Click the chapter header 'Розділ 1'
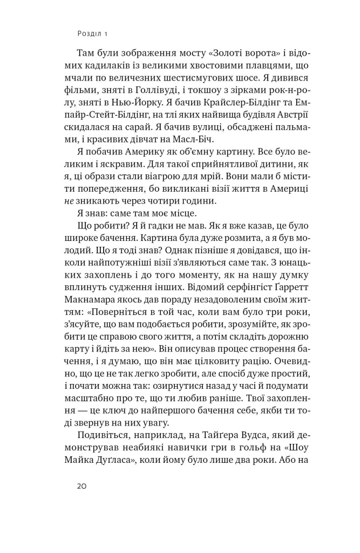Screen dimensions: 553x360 coord(93,33)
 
